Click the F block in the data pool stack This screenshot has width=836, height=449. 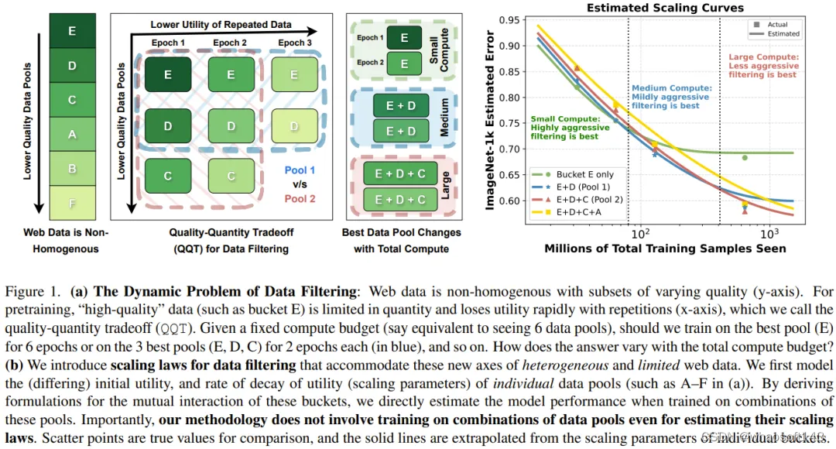point(72,204)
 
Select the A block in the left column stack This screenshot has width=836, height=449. point(72,134)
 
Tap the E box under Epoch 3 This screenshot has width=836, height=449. point(294,75)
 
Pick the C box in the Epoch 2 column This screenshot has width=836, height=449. point(231,176)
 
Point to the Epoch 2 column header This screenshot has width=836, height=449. point(231,43)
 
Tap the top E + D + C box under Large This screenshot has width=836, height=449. point(401,175)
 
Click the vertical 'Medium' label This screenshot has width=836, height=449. point(444,118)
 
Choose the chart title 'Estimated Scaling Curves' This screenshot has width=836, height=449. point(666,8)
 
